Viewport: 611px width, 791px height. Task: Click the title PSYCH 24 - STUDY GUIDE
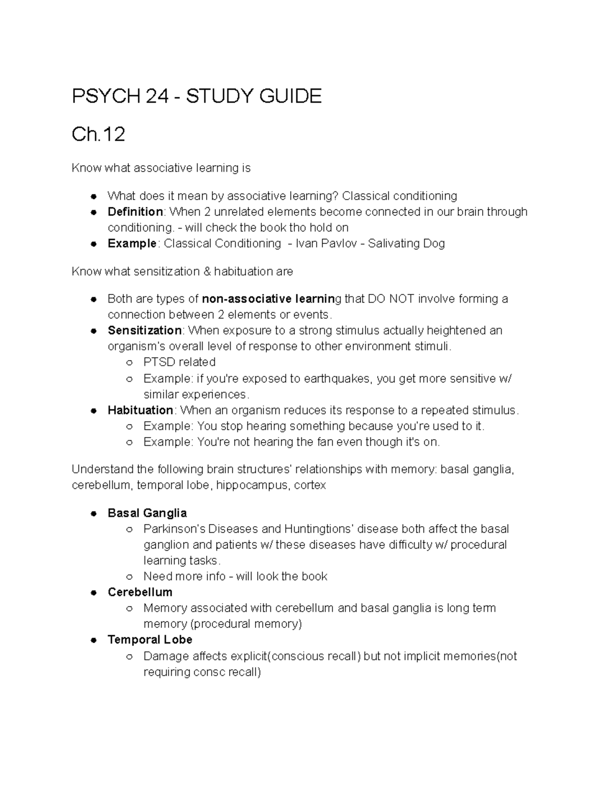pos(197,96)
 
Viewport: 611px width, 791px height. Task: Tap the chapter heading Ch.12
pos(98,134)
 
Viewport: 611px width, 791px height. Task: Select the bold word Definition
pos(135,212)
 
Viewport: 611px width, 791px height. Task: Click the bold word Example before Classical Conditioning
pos(132,243)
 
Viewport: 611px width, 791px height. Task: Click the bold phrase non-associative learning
pos(268,298)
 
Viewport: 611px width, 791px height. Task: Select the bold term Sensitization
pos(145,331)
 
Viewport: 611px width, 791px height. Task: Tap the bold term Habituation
pos(141,411)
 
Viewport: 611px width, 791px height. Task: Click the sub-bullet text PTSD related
pos(179,362)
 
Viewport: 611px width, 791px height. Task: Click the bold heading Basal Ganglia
pos(147,513)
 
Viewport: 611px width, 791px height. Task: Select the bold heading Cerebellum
pos(140,592)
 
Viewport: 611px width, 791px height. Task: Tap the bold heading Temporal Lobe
pos(150,640)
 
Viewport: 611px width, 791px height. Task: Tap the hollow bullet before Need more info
pos(129,577)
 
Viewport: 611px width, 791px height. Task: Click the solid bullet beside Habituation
pos(94,411)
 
